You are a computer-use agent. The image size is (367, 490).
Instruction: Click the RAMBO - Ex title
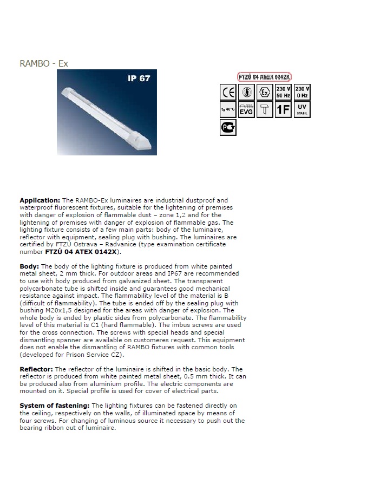[x=44, y=63]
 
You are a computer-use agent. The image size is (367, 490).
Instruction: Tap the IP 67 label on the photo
[x=139, y=79]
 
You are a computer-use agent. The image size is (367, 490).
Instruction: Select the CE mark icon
[x=228, y=92]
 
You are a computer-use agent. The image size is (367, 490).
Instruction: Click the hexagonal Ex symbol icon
[x=265, y=92]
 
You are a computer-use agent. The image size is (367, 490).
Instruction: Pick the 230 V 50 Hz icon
[x=283, y=92]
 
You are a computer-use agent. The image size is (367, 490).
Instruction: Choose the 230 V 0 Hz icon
[x=302, y=92]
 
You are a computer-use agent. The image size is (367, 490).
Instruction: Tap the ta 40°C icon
[x=228, y=110]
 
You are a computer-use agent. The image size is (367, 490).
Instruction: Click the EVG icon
[x=246, y=110]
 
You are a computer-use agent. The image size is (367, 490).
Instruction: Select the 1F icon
[x=283, y=110]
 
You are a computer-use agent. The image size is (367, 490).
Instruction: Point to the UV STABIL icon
[x=302, y=110]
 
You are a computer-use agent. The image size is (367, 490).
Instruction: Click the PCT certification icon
[x=228, y=128]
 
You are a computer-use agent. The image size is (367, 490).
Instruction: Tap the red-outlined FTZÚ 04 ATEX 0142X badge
[x=265, y=76]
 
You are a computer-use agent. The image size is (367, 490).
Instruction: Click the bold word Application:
[x=40, y=200]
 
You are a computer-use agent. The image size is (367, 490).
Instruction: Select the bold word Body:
[x=29, y=266]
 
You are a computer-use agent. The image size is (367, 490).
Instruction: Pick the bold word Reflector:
[x=37, y=369]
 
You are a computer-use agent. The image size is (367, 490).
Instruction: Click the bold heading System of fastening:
[x=55, y=405]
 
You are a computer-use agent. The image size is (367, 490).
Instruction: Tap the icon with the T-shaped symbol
[x=265, y=110]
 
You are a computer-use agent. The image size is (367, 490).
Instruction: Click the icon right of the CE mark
[x=246, y=92]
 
